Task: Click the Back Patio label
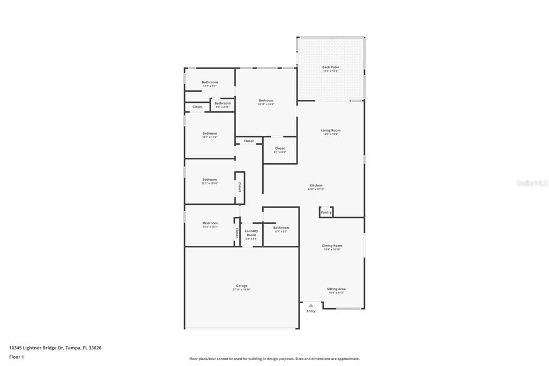331,68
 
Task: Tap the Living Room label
331,130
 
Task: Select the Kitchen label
316,186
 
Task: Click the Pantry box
327,212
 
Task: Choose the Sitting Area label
336,289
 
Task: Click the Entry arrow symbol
311,305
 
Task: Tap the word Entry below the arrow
311,311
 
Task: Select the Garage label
242,286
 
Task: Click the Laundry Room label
251,233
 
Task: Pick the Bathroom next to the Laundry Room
281,228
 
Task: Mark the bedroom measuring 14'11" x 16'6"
266,101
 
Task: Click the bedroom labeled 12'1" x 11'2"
210,134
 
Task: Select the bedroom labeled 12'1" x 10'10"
210,180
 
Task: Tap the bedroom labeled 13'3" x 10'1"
210,223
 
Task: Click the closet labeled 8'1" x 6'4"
280,149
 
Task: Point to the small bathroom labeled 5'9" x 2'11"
222,104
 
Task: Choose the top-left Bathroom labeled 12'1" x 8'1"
210,83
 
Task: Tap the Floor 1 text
17,356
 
